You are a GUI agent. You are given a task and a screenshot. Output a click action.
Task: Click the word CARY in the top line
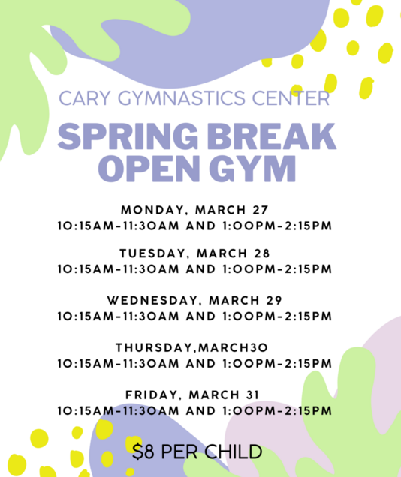tap(84, 98)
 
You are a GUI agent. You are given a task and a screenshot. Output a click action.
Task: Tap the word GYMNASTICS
tap(182, 98)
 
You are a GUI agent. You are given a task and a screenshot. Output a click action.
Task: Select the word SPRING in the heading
tap(128, 136)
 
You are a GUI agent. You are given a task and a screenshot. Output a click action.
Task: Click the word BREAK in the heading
tap(272, 136)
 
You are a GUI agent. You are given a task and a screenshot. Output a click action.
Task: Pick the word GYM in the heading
tap(253, 169)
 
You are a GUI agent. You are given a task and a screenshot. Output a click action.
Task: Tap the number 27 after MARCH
tap(261, 210)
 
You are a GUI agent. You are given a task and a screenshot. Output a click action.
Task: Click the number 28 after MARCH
tap(262, 253)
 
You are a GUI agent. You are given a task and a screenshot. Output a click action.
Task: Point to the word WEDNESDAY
tap(152, 301)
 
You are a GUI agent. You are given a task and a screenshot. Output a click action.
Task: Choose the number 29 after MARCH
tap(274, 301)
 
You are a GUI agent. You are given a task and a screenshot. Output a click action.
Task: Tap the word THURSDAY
tap(154, 348)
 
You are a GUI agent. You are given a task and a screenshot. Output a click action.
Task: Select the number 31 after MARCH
tap(252, 394)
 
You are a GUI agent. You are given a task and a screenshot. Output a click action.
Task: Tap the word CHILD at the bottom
tap(234, 451)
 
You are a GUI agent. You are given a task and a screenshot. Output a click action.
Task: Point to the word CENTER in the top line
tap(291, 98)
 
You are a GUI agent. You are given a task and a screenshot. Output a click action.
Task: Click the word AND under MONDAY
tap(201, 226)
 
